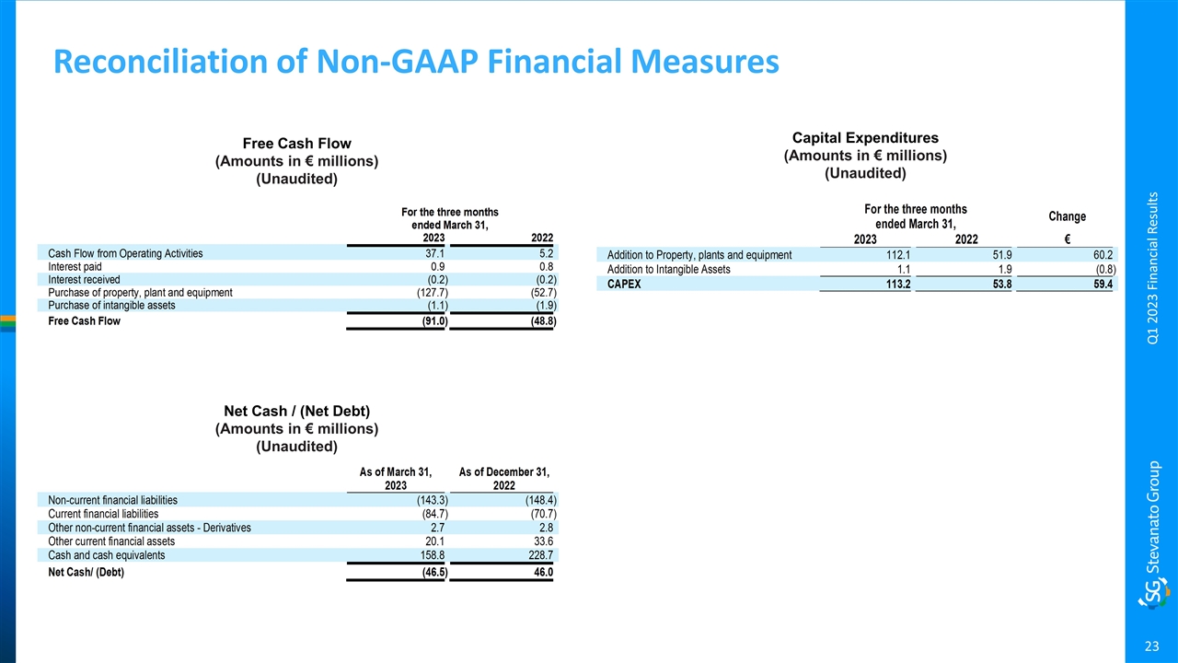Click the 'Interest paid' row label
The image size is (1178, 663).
76,266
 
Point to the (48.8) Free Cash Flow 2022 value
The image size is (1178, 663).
539,322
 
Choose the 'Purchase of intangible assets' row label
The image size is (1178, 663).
111,306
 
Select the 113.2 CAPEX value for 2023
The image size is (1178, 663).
895,285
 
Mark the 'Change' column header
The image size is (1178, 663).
1067,216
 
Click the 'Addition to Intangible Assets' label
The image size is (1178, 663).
669,270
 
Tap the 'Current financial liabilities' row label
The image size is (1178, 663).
103,514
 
